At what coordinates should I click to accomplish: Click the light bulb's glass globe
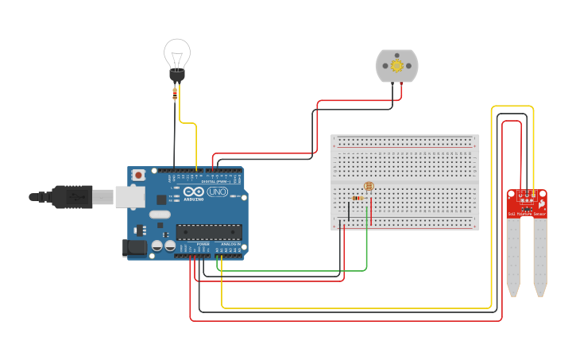tap(176, 54)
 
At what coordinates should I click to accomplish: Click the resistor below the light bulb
tap(175, 94)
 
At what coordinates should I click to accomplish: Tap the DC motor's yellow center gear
tap(396, 67)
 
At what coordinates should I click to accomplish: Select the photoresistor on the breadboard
tap(368, 186)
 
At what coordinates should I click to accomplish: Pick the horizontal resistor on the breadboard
tap(358, 198)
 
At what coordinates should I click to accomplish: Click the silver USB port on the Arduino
tap(130, 196)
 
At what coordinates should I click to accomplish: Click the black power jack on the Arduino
tap(136, 248)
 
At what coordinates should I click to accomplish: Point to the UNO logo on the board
tap(218, 192)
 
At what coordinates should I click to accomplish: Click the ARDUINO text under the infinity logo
tap(194, 199)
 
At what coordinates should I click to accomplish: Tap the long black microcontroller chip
tap(208, 232)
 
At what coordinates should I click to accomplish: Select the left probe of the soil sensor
tap(512, 254)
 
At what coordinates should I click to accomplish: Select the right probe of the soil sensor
tap(540, 254)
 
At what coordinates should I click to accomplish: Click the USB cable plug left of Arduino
tap(75, 196)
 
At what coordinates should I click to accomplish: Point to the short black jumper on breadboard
tap(348, 210)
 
